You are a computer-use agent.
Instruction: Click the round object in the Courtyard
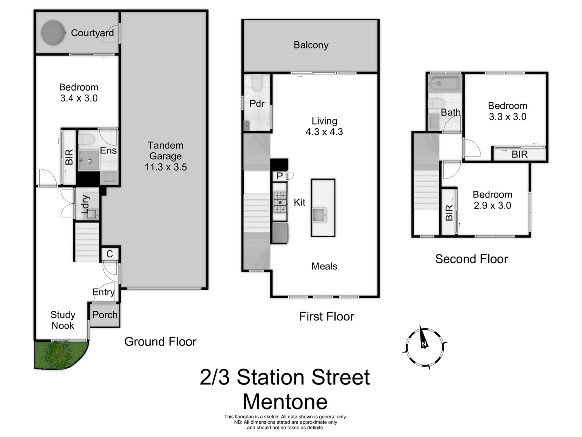[x=53, y=33]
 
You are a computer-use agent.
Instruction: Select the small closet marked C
[x=110, y=254]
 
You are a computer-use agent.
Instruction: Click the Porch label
[x=105, y=315]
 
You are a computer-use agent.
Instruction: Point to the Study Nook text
[x=63, y=320]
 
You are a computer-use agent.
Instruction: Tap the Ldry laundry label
[x=85, y=204]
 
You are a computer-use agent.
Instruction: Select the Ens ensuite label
[x=108, y=151]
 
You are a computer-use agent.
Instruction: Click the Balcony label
[x=311, y=45]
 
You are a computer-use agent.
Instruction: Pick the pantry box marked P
[x=279, y=176]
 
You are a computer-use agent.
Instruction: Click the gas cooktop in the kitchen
[x=280, y=202]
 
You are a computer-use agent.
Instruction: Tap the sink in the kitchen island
[x=319, y=214]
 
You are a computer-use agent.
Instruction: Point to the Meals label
[x=324, y=266]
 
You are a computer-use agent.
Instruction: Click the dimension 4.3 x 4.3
[x=324, y=132]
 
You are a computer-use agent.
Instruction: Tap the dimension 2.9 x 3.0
[x=492, y=206]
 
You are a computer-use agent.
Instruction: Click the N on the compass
[x=424, y=344]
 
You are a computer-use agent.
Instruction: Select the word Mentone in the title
[x=285, y=402]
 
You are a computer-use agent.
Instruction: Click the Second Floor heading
[x=471, y=259]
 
